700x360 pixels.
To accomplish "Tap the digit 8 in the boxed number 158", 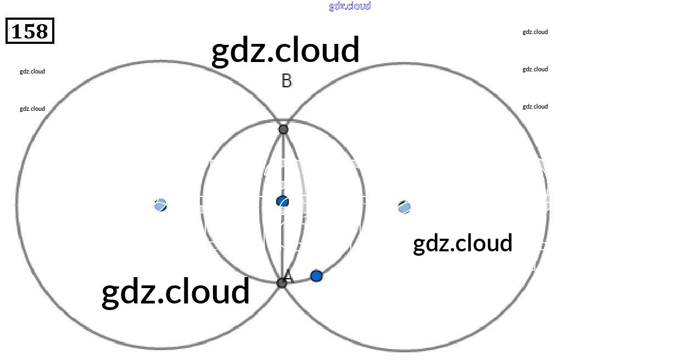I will pos(42,32).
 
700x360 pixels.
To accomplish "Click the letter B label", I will pos(287,81).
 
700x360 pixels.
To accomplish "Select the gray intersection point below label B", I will pos(283,130).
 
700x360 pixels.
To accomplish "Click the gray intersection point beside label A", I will pos(282,283).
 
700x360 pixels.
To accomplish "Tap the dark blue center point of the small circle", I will pos(282,201).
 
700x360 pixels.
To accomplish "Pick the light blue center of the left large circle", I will pos(160,205).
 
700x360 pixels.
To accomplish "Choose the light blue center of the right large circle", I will pos(404,207).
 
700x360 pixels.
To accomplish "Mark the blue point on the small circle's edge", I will pos(316,275).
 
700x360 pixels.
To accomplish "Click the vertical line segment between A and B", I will pos(283,165).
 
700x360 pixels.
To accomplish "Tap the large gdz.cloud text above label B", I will pos(285,50).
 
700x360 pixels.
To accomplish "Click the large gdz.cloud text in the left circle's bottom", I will pos(176,291).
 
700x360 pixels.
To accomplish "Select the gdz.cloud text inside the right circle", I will pos(462,244).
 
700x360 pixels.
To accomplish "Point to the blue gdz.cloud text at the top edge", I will pos(350,6).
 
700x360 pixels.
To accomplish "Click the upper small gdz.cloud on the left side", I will pos(32,71).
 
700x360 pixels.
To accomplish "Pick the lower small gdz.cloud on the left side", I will pos(32,109).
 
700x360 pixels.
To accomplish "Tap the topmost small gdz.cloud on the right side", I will pos(535,32).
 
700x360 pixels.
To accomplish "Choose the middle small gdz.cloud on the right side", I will pos(535,69).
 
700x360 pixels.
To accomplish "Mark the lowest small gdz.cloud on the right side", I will pos(535,106).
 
